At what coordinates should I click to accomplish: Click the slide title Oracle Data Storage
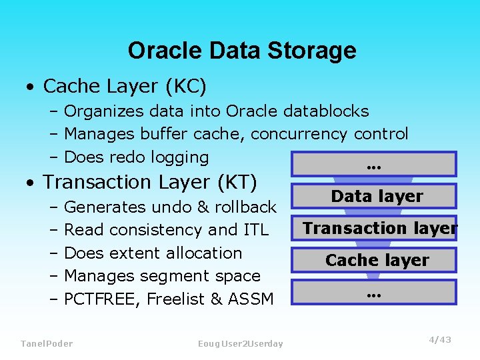pos(241,51)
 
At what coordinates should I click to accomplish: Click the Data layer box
pos(377,196)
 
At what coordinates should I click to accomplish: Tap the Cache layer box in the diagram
pos(377,260)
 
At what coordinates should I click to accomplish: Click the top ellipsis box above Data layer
pos(377,164)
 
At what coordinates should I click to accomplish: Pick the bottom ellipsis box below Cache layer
pos(377,292)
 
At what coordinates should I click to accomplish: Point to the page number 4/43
pos(439,340)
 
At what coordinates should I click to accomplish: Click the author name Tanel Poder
pos(47,343)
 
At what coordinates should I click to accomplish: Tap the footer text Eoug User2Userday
pos(240,343)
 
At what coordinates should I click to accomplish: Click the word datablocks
pos(326,111)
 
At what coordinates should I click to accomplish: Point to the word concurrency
pos(299,134)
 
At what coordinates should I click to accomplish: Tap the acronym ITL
pos(256,230)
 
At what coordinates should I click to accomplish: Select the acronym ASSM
pos(251,299)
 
